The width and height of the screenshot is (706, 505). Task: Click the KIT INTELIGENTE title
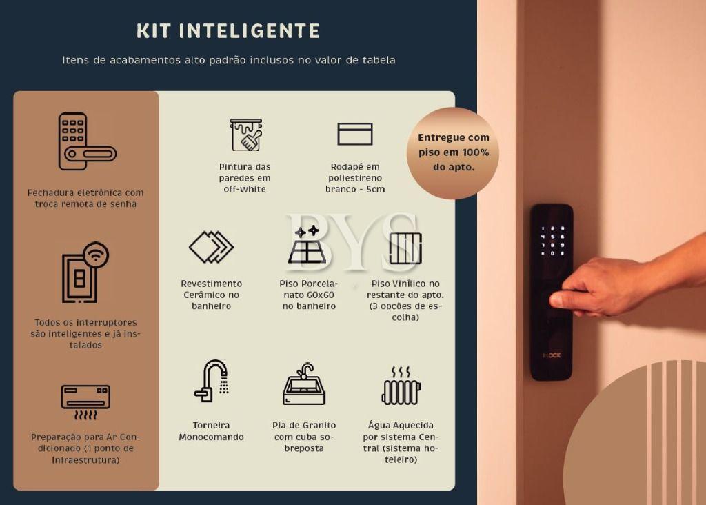(x=228, y=31)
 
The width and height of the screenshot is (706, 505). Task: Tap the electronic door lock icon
(x=87, y=141)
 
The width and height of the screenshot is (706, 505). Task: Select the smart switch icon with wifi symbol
(x=85, y=272)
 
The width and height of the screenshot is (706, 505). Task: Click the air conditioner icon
(x=85, y=402)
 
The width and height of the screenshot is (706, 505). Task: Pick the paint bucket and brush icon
(x=246, y=135)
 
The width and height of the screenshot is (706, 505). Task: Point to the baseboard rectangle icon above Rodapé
(x=355, y=134)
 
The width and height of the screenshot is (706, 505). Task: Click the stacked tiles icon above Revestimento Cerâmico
(x=211, y=247)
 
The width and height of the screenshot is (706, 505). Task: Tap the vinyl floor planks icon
(x=405, y=248)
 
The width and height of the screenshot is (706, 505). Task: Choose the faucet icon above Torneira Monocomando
(x=211, y=381)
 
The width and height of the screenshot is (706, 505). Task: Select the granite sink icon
(x=304, y=384)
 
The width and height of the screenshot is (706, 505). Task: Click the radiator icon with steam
(x=401, y=386)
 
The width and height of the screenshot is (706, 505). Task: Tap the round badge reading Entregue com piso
(x=453, y=152)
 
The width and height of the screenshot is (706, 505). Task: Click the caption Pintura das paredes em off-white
(x=245, y=178)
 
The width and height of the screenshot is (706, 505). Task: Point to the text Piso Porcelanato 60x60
(x=309, y=295)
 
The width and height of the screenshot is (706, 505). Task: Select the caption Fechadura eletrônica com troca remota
(x=85, y=198)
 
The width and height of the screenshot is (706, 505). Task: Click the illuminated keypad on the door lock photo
(x=552, y=241)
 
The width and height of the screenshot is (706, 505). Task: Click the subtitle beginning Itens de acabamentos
(x=229, y=60)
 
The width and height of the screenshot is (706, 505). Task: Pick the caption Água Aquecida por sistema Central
(x=401, y=442)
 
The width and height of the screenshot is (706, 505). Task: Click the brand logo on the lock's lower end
(x=552, y=355)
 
